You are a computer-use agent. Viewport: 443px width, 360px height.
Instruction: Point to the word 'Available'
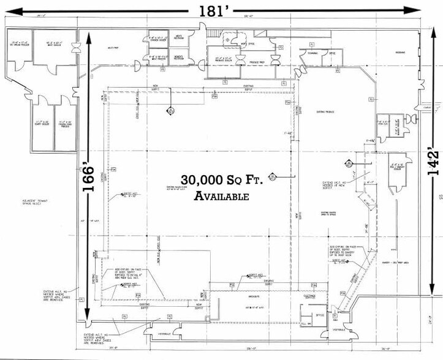(221, 197)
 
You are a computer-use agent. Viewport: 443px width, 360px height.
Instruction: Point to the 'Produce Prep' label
(257, 62)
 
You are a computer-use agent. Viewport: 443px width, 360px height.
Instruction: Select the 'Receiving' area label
(400, 53)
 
